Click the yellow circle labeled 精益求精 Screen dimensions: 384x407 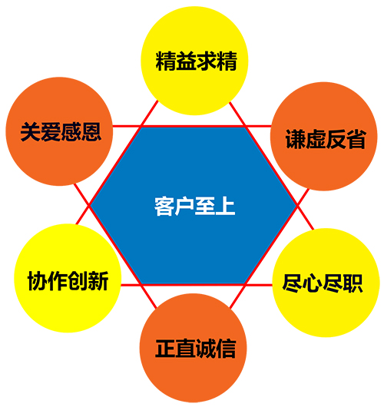pyautogui.click(x=194, y=61)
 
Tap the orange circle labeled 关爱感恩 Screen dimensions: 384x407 pyautogui.click(x=59, y=131)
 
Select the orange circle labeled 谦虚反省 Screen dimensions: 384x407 pyautogui.click(x=324, y=137)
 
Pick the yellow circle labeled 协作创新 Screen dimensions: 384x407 pyautogui.click(x=68, y=278)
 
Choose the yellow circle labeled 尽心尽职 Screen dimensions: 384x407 pyautogui.click(x=326, y=283)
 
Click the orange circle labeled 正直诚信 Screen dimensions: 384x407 pyautogui.click(x=194, y=348)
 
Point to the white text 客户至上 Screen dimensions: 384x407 pyautogui.click(x=195, y=207)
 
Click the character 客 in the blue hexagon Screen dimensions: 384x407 pyautogui.click(x=164, y=207)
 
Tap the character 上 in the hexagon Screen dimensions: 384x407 pyautogui.click(x=225, y=207)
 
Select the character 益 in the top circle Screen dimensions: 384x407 pyautogui.click(x=186, y=61)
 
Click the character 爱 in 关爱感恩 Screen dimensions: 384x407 pyautogui.click(x=51, y=132)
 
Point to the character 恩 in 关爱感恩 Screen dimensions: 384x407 pyautogui.click(x=91, y=132)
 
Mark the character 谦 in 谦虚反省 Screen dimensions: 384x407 pyautogui.click(x=296, y=140)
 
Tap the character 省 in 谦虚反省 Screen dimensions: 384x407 pyautogui.click(x=356, y=139)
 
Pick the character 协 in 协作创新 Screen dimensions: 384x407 pyautogui.click(x=38, y=281)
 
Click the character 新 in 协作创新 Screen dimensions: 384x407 pyautogui.click(x=98, y=281)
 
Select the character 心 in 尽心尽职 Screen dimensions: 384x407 pyautogui.click(x=313, y=283)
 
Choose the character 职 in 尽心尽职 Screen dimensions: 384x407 pyautogui.click(x=353, y=283)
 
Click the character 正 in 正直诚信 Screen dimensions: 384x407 pyautogui.click(x=165, y=349)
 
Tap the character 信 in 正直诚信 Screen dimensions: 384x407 pyautogui.click(x=226, y=349)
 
